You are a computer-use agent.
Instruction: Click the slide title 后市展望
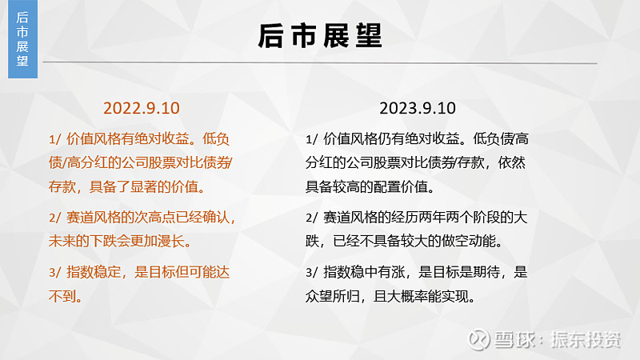click(320, 36)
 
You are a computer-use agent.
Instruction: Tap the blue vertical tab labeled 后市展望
click(22, 38)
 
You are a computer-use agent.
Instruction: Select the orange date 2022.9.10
click(142, 108)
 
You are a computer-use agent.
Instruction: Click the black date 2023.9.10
click(418, 108)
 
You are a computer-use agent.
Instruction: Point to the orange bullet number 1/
click(54, 139)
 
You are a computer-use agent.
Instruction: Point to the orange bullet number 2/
click(54, 218)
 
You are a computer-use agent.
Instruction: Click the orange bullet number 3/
click(54, 272)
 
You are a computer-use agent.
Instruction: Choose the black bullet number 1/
click(311, 139)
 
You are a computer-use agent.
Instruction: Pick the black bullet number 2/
click(311, 218)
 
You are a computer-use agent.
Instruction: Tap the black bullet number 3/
click(311, 272)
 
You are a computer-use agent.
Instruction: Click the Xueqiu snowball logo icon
click(478, 339)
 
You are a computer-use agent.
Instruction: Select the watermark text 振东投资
click(586, 339)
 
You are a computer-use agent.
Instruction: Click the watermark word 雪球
click(514, 339)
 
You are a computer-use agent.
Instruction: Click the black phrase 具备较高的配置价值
click(366, 187)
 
